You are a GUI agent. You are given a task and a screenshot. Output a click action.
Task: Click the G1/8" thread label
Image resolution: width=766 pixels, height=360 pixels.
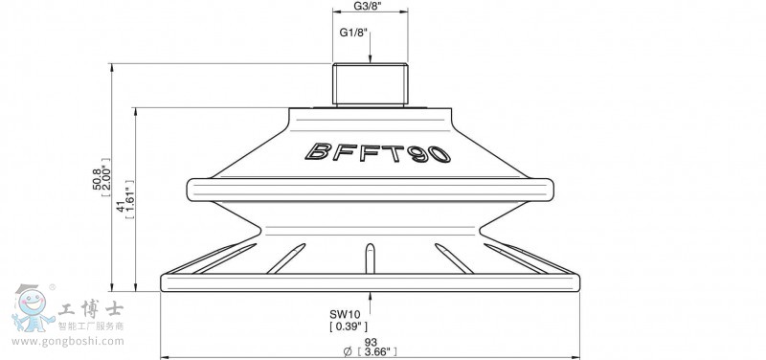(354, 34)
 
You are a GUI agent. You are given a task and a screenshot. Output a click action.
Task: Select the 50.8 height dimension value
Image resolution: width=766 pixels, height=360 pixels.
(99, 179)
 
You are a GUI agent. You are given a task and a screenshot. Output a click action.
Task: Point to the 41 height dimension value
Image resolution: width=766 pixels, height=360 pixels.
(122, 207)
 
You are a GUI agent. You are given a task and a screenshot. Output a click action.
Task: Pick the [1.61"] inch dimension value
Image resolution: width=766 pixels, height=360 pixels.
(129, 199)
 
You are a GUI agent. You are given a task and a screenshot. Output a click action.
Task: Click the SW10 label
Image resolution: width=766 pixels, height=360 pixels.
(348, 315)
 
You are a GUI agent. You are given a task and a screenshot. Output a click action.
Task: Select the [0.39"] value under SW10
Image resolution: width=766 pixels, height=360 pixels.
(349, 326)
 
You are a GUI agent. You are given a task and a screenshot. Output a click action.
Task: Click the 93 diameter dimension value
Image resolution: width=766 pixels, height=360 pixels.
(371, 343)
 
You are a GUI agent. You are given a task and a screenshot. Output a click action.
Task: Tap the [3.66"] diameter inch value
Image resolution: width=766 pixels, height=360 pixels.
(376, 351)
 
